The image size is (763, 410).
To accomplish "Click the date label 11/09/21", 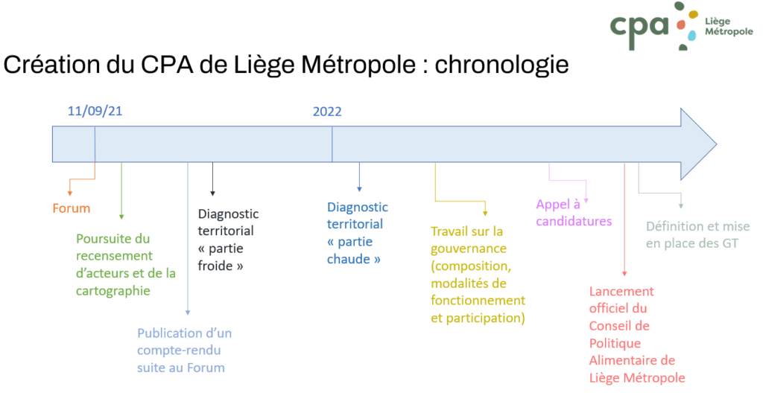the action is (95, 112).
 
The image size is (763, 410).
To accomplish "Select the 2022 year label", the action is (327, 112).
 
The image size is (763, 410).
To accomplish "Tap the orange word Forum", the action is (72, 208).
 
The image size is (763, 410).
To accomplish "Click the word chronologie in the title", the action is (501, 65).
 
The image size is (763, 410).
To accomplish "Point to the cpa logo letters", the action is (639, 29).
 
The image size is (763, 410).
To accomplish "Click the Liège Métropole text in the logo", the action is (729, 26).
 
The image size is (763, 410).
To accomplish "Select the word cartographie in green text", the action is (113, 291).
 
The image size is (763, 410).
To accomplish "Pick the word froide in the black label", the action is (215, 266).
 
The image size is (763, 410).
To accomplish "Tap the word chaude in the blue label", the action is (349, 259).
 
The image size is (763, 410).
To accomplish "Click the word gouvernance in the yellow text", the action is (469, 249).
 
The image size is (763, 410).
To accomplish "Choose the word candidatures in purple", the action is (574, 222).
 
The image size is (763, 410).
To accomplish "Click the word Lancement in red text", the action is (621, 292).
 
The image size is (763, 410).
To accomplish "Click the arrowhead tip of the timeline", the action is (716, 144).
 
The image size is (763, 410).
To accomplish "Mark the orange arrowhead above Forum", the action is (70, 193).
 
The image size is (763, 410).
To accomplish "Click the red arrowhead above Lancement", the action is (624, 274).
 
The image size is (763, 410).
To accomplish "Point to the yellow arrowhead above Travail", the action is (485, 213).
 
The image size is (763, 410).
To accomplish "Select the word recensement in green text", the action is (114, 256).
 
